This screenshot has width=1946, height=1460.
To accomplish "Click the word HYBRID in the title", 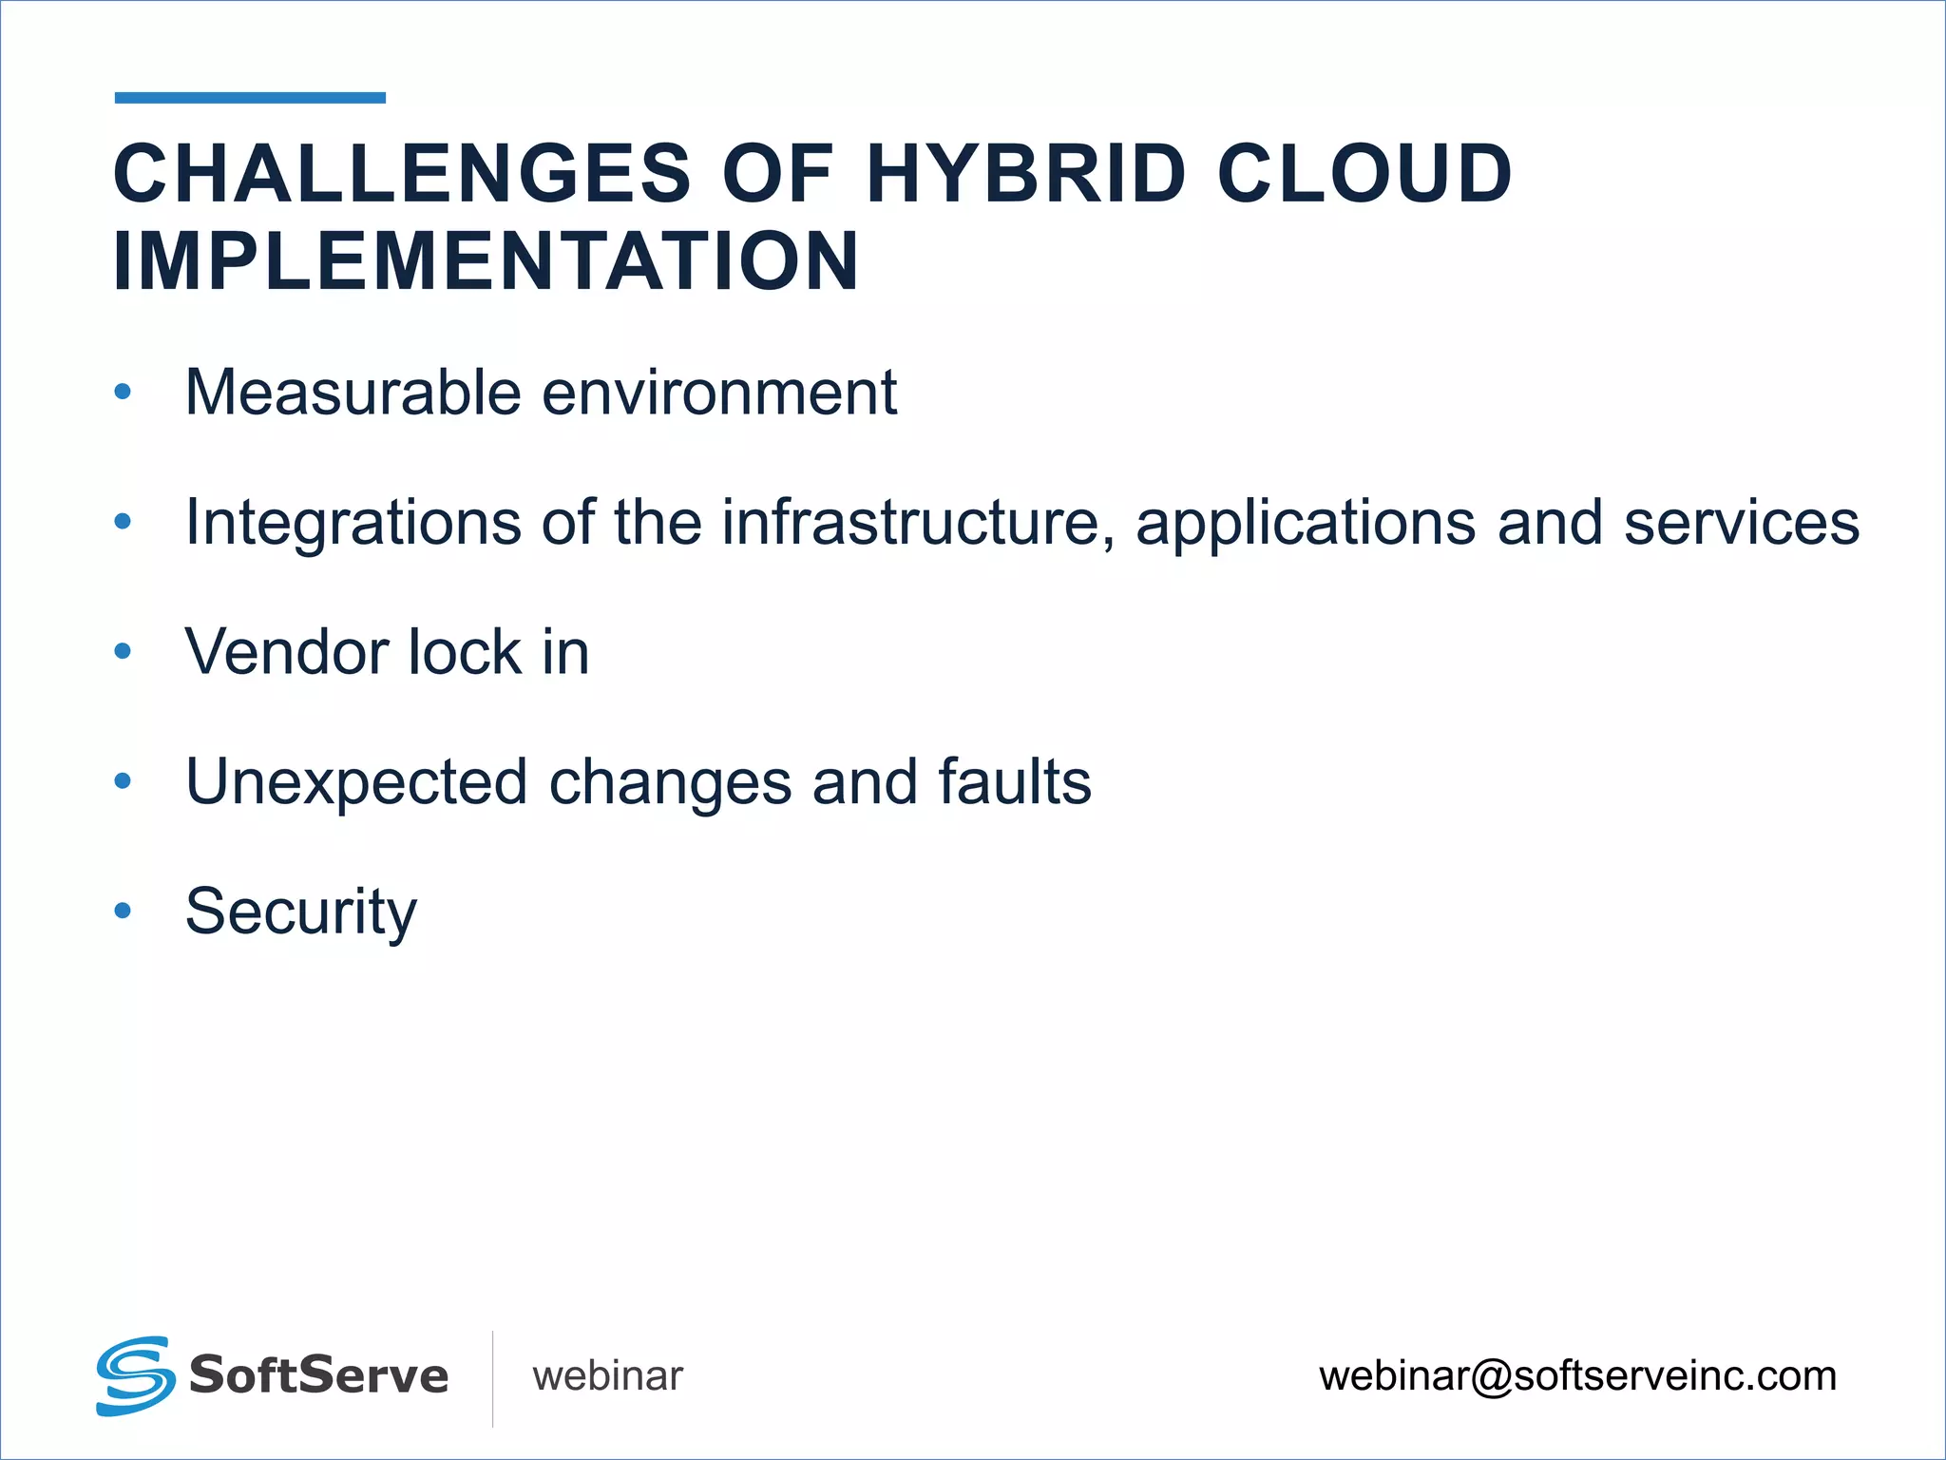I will pos(1026,174).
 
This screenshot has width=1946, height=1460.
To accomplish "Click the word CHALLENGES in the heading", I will pos(402,174).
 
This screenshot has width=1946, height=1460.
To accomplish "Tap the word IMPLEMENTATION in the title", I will pos(486,261).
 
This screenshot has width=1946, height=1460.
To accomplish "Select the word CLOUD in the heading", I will pos(1364,174).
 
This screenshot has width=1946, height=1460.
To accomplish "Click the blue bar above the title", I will pos(250,98).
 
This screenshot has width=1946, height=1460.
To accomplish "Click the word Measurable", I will pos(353,393).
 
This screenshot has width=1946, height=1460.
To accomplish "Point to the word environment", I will pos(719,393).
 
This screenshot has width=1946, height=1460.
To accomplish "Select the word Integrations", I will pos(353,523).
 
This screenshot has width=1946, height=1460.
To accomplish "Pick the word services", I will pos(1741,523).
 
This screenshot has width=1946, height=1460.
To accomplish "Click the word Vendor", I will pos(287,653).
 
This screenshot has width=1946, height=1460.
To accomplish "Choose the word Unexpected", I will pos(356,783).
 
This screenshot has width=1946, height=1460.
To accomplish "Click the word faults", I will pos(1014,781).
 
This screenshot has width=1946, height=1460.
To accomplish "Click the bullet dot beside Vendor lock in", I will pos(123,652).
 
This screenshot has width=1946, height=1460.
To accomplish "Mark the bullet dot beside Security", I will pos(123,912).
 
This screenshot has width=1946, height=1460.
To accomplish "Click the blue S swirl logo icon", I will pos(135,1375).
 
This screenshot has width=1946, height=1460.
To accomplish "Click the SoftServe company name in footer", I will pos(318,1375).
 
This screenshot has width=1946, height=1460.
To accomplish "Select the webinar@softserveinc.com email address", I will pos(1577,1376).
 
